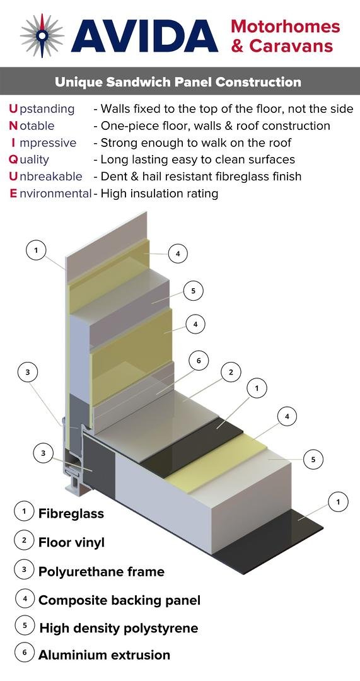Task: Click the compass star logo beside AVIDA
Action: coord(43,35)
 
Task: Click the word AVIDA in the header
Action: coord(144,36)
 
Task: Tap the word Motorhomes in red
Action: coord(286,26)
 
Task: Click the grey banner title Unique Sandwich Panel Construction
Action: coord(178,81)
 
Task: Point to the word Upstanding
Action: coord(42,108)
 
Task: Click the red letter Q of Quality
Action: coord(13,160)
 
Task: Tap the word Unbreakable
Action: coord(45,177)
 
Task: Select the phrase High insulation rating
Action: coord(160,194)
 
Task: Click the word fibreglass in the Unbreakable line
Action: coord(235,177)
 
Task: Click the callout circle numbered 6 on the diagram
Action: coord(199,361)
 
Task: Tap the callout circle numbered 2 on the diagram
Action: coord(231,372)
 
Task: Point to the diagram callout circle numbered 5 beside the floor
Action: coord(313,460)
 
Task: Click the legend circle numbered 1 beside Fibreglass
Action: coord(25,511)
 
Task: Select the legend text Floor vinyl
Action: coord(72,542)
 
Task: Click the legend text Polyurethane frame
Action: coord(102,571)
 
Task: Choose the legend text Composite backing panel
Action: coord(119,601)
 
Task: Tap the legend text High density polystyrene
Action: coord(119,628)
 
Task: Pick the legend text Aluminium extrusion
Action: coord(104,655)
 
